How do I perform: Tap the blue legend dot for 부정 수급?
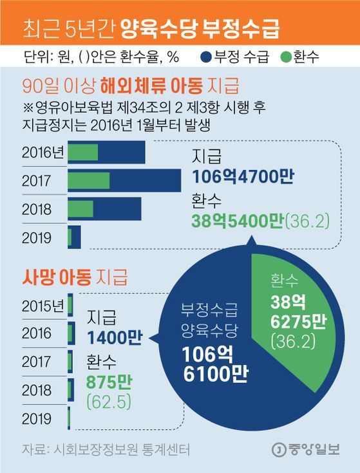(x=206, y=57)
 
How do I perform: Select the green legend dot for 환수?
(x=285, y=57)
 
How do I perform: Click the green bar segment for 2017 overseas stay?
(x=89, y=181)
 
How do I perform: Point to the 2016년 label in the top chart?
(x=43, y=153)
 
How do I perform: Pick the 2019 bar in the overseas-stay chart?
(x=74, y=237)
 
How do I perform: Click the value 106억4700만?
(x=243, y=176)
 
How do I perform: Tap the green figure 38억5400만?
(x=237, y=222)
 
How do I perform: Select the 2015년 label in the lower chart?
(x=43, y=306)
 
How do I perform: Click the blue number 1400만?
(x=115, y=337)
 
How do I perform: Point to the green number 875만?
(x=109, y=382)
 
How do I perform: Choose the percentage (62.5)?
(x=109, y=402)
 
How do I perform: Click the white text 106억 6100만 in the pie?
(x=215, y=364)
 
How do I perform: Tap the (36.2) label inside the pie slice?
(x=293, y=342)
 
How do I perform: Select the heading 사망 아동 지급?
(x=75, y=277)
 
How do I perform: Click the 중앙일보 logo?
(x=305, y=450)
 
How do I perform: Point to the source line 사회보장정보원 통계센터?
(x=121, y=449)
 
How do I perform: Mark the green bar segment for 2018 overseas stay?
(x=81, y=209)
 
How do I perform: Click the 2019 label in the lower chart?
(x=37, y=419)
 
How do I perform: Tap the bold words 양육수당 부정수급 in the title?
(x=200, y=29)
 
